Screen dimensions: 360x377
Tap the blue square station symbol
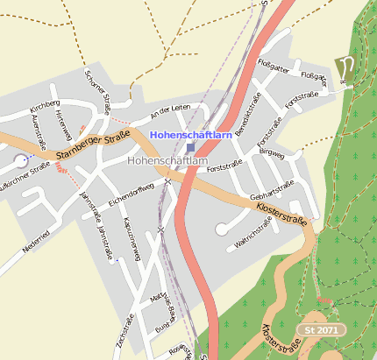click(191, 149)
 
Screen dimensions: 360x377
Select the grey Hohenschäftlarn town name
click(167, 161)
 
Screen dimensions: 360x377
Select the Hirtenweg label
click(61, 124)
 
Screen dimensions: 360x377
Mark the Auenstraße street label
click(39, 134)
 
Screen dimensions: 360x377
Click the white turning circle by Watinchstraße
click(222, 230)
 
